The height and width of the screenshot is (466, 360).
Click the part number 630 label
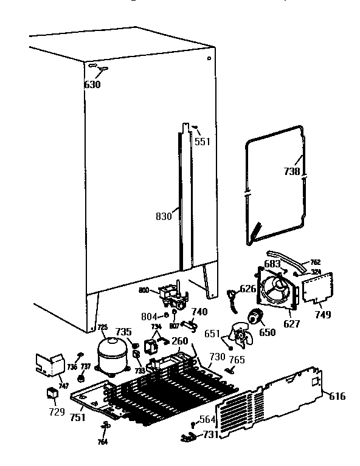click(x=92, y=84)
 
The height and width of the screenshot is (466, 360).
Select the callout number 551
click(x=202, y=142)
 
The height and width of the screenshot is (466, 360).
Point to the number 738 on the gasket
click(x=292, y=172)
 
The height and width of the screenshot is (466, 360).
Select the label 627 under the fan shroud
click(x=292, y=324)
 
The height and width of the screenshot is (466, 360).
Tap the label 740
click(x=200, y=312)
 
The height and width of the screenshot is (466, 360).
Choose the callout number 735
click(x=123, y=332)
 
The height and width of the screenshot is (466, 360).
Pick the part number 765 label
click(x=237, y=360)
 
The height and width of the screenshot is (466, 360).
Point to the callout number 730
click(x=216, y=355)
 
